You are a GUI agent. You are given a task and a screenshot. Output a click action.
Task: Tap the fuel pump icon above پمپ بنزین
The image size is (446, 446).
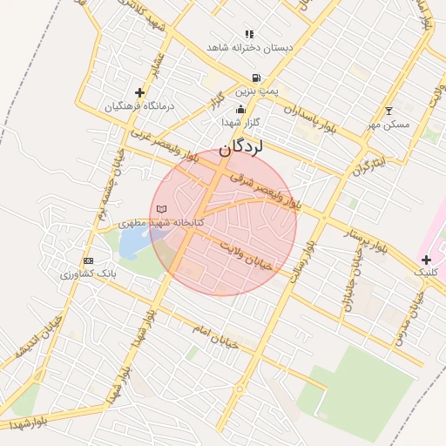pyautogui.click(x=255, y=78)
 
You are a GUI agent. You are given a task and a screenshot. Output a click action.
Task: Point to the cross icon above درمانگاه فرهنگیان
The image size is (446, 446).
pyautogui.click(x=139, y=92)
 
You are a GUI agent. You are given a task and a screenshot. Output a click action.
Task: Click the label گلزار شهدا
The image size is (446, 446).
pyautogui.click(x=235, y=122)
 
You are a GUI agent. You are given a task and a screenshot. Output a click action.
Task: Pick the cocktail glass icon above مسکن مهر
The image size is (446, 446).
pyautogui.click(x=389, y=111)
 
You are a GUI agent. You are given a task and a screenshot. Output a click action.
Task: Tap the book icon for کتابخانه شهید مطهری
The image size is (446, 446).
pyautogui.click(x=160, y=209)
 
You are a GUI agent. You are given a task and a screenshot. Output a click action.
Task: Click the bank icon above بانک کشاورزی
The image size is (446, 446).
pyautogui.click(x=87, y=260)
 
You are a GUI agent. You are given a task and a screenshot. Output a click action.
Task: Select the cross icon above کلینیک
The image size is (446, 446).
pyautogui.click(x=426, y=260)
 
